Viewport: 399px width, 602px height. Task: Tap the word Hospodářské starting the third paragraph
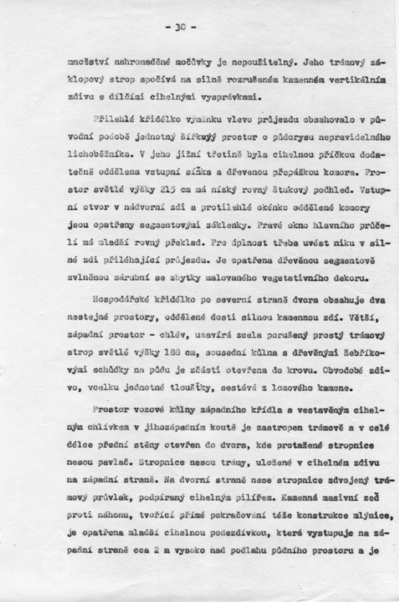click(118, 300)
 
